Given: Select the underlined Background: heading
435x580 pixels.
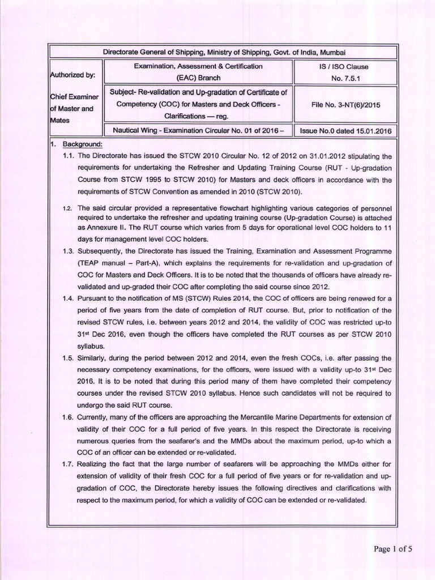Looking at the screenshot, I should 82,144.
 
